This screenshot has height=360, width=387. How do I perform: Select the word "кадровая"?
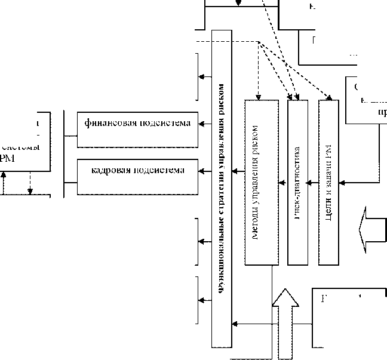tap(110, 170)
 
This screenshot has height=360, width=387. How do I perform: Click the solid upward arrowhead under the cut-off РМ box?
tap(4, 174)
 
